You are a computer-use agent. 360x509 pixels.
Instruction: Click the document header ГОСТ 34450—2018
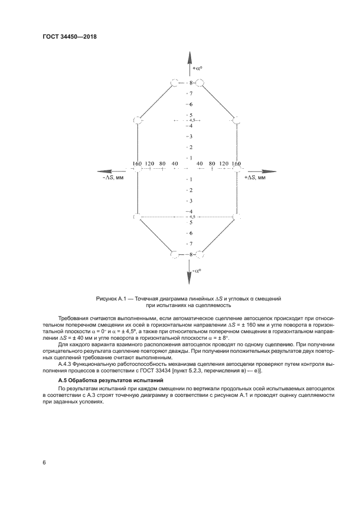(69, 37)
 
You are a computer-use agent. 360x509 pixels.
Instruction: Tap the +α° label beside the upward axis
(198, 70)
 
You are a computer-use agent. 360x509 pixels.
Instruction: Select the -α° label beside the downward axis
(197, 270)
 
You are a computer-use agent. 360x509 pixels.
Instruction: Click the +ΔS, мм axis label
(255, 178)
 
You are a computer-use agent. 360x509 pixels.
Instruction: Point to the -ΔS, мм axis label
(113, 178)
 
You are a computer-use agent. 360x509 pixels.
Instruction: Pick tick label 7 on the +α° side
(191, 94)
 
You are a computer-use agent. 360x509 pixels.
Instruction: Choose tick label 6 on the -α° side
(191, 233)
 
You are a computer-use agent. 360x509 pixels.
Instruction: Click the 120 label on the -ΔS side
(149, 163)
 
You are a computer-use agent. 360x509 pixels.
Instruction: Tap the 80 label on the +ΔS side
(212, 163)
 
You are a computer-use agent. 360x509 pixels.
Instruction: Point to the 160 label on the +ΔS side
(236, 163)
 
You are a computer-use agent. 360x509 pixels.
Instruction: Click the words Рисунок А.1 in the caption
(111, 299)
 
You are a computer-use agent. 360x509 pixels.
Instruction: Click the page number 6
(44, 462)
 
